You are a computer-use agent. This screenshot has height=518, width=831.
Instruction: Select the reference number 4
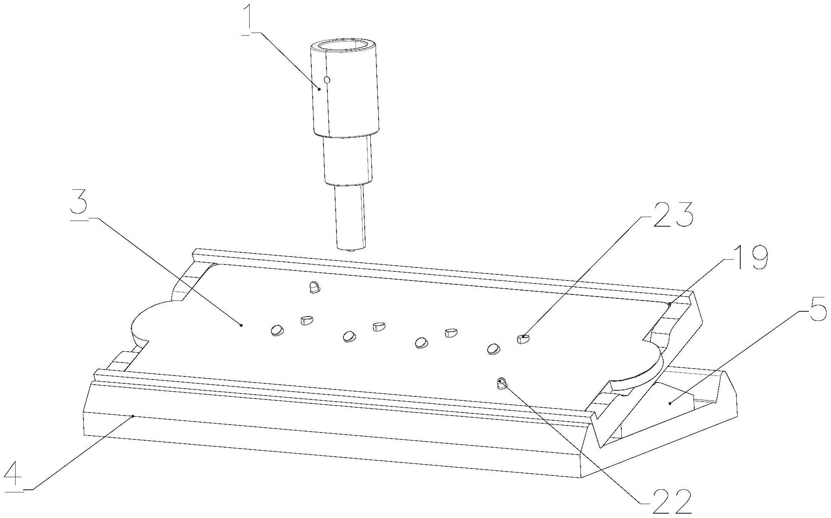pyautogui.click(x=13, y=476)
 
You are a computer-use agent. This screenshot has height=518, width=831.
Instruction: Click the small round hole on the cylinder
pyautogui.click(x=327, y=79)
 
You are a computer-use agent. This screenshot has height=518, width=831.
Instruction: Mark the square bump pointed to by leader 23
pyautogui.click(x=523, y=339)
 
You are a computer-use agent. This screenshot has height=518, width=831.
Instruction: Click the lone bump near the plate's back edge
pyautogui.click(x=314, y=287)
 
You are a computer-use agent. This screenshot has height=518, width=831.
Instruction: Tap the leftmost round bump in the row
pyautogui.click(x=276, y=330)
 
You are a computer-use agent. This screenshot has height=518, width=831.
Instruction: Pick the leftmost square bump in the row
pyautogui.click(x=307, y=321)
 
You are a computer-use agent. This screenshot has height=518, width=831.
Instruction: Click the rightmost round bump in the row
pyautogui.click(x=493, y=348)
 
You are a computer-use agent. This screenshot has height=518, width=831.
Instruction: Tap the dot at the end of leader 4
pyautogui.click(x=133, y=416)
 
